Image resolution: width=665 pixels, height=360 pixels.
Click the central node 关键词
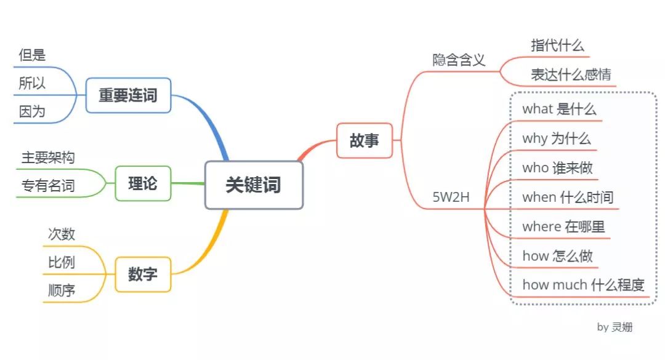point(254,185)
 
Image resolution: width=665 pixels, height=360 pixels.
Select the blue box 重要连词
point(128,95)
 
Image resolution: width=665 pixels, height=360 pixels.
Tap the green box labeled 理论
point(143,183)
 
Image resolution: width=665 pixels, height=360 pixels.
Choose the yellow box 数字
point(143,274)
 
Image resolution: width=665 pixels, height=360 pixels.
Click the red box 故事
point(365,140)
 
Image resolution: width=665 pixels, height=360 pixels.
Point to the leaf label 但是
point(32,55)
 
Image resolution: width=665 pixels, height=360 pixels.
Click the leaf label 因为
point(32,112)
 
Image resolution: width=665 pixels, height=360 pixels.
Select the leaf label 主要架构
point(48,158)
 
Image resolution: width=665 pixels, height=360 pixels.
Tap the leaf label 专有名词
point(48,186)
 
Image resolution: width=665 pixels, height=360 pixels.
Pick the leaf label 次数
point(62,234)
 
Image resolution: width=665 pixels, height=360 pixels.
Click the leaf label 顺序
point(62,290)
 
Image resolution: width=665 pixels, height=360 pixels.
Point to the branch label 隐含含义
point(459,60)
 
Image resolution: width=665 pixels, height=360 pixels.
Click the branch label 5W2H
point(452,198)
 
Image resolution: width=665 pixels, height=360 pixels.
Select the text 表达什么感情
point(571,75)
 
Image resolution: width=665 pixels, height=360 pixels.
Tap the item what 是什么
point(559,110)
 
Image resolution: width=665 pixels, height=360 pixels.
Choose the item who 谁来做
point(557,168)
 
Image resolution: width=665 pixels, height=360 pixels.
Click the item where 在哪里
point(563,226)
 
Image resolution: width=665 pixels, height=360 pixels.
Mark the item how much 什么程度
point(583,285)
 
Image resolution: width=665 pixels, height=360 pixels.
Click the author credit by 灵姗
point(615,327)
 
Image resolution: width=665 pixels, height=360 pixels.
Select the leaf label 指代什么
point(557,46)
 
